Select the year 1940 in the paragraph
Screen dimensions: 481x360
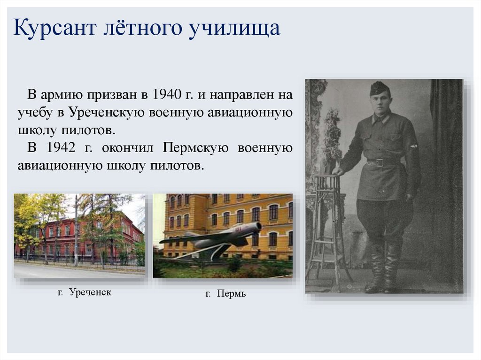click(x=167, y=94)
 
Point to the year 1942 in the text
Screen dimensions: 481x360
click(x=61, y=147)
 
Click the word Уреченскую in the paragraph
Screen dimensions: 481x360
click(x=107, y=113)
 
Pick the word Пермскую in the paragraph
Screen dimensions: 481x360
click(x=195, y=148)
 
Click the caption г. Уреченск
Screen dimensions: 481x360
click(x=85, y=292)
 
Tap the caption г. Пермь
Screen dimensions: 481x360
click(x=225, y=294)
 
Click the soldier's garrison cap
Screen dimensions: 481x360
click(x=379, y=88)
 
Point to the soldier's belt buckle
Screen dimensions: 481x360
click(x=380, y=162)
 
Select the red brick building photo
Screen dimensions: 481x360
click(x=79, y=236)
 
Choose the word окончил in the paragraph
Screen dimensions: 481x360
click(x=127, y=148)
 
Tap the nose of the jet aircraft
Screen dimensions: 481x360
click(x=259, y=227)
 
